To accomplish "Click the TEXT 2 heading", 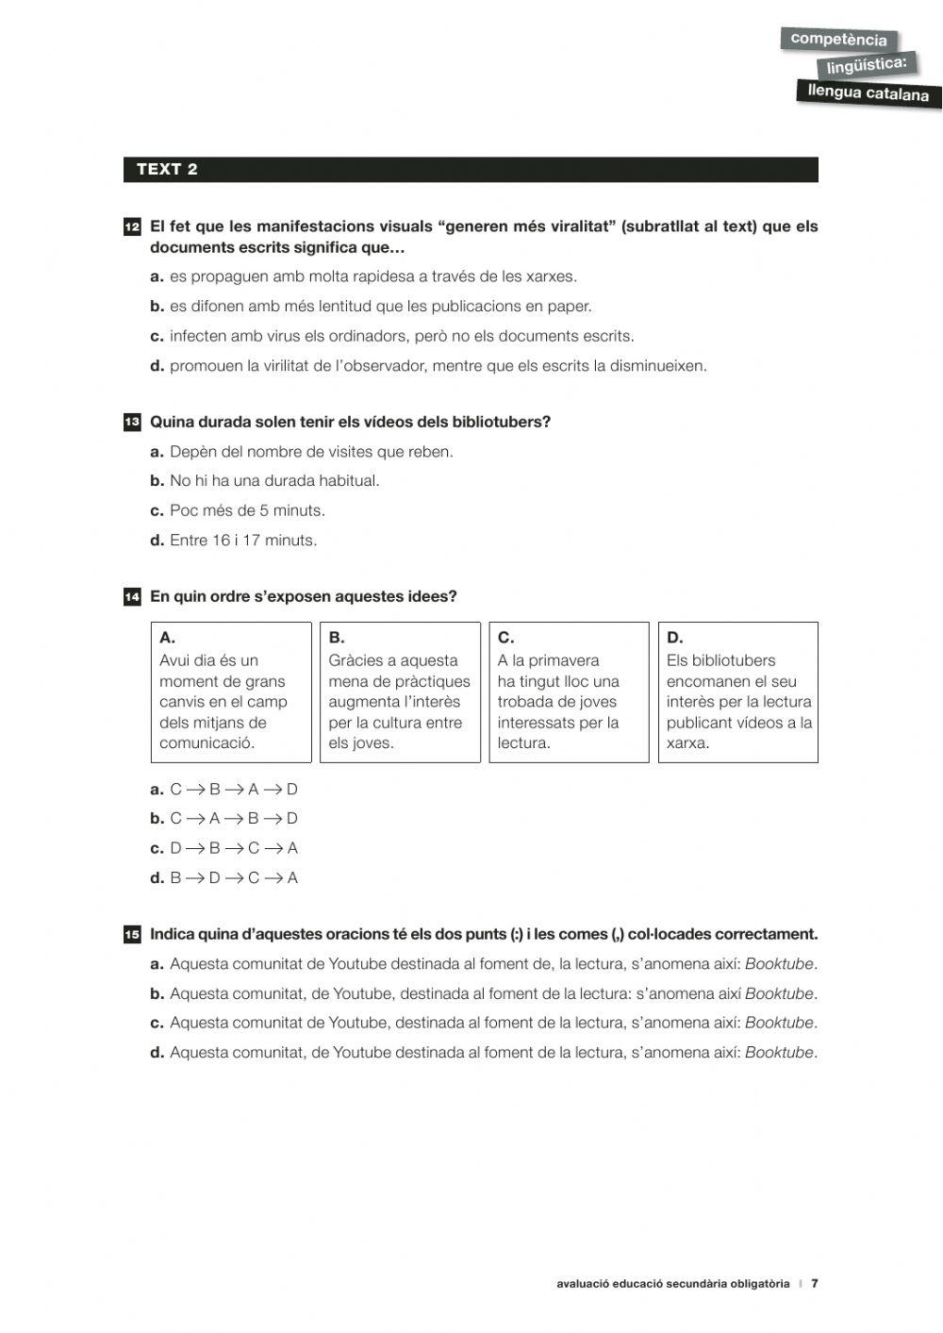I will (167, 170).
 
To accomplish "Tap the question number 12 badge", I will (132, 227).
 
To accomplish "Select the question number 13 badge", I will (132, 423).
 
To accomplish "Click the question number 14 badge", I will (132, 597).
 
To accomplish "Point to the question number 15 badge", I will (132, 935).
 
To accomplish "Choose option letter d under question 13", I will (157, 541).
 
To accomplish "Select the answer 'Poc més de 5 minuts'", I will (247, 510).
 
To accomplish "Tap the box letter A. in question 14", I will (167, 638).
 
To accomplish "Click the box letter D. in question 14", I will (674, 638).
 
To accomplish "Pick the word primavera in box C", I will (563, 660).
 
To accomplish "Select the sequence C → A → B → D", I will (233, 819).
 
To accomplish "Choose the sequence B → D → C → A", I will (233, 878).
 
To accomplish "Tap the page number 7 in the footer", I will (815, 1284).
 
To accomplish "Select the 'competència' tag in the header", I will (837, 40).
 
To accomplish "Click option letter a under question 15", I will (157, 964).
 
